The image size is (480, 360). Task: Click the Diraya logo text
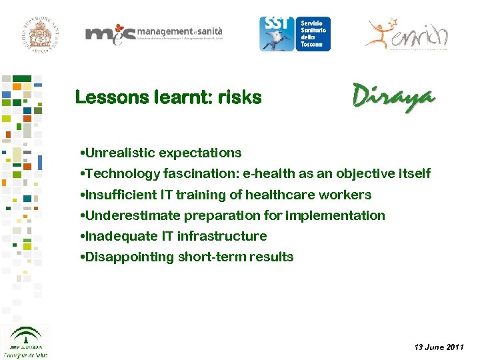coord(393,97)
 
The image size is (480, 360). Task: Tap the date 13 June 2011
coord(439,348)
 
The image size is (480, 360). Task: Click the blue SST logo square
coord(275,34)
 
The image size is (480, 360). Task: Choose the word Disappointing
coord(128,257)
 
